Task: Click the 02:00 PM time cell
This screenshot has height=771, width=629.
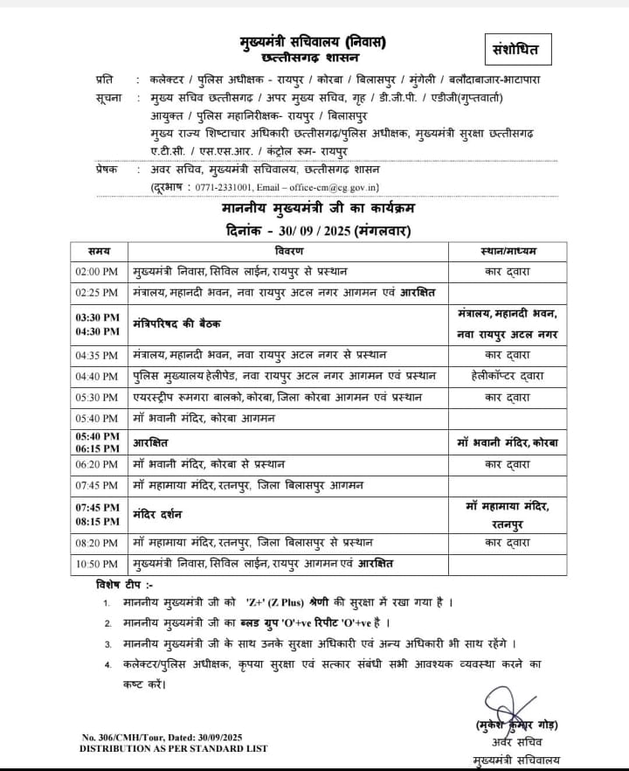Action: pyautogui.click(x=98, y=272)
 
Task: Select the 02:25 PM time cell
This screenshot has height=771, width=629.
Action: pyautogui.click(x=98, y=291)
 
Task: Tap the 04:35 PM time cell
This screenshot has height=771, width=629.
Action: pyautogui.click(x=98, y=356)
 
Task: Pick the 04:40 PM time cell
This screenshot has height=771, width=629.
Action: pyautogui.click(x=98, y=377)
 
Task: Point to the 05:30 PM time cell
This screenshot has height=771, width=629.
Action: pyautogui.click(x=98, y=397)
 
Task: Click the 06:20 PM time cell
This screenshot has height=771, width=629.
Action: pyautogui.click(x=98, y=465)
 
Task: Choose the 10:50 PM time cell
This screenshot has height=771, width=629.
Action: pyautogui.click(x=98, y=564)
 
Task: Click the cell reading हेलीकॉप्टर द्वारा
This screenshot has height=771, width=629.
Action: pyautogui.click(x=508, y=377)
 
